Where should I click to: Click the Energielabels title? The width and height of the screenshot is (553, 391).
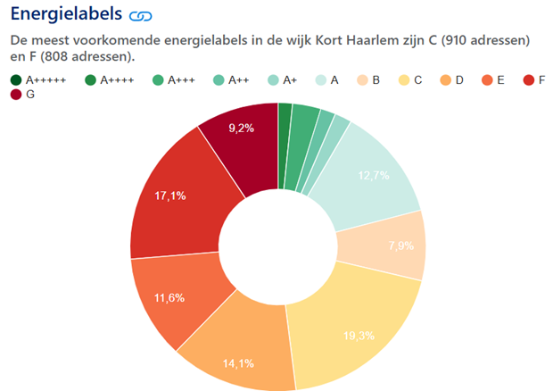tap(66, 14)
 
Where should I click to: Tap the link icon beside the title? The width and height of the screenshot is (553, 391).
tap(141, 16)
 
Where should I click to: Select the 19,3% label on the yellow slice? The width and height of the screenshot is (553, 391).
tap(359, 336)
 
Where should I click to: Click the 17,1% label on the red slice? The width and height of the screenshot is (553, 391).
tap(170, 195)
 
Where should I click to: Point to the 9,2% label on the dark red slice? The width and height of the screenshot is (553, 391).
tap(241, 128)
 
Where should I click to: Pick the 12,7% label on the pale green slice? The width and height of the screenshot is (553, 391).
tap(374, 175)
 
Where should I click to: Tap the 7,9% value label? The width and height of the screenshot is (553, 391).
tap(401, 245)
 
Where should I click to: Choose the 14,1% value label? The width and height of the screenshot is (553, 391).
tap(238, 363)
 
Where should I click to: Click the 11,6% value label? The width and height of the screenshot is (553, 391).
tap(169, 298)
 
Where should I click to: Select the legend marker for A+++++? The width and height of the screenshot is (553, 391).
tap(16, 80)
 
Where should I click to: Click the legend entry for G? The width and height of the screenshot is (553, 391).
tap(22, 95)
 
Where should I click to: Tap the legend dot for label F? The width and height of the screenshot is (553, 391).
tap(529, 80)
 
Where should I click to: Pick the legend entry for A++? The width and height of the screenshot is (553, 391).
tap(231, 80)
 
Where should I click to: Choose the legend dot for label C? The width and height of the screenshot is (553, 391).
tap(404, 80)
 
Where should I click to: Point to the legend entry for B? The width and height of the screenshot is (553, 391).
tap(368, 80)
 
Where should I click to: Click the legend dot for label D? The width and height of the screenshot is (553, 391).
tap(446, 80)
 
